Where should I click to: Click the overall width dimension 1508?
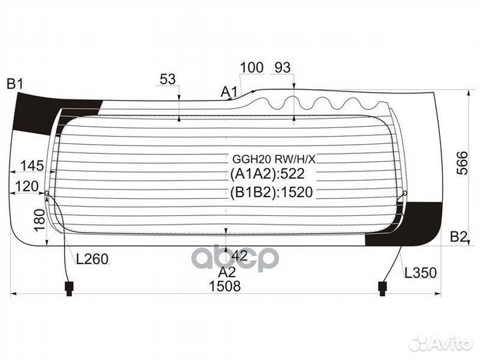(x=225, y=286)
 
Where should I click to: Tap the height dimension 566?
(x=462, y=163)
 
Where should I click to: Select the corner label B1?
(x=15, y=84)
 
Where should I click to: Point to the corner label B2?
(x=459, y=237)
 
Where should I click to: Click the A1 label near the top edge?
(x=229, y=91)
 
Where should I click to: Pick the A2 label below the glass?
(x=227, y=272)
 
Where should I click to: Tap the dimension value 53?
(x=168, y=79)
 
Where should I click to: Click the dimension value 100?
(x=251, y=67)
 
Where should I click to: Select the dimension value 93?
(x=282, y=67)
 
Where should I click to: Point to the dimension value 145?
(x=32, y=166)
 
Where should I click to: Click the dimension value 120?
(x=27, y=186)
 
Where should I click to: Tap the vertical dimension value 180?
(x=40, y=221)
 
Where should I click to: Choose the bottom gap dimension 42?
(x=239, y=255)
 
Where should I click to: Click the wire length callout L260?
(x=92, y=259)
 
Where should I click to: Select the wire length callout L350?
(x=421, y=273)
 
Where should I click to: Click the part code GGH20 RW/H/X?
(x=274, y=159)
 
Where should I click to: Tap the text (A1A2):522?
(x=267, y=174)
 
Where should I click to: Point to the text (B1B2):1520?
(x=271, y=192)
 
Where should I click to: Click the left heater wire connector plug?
(x=69, y=289)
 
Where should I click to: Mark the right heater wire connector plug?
(x=382, y=289)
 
